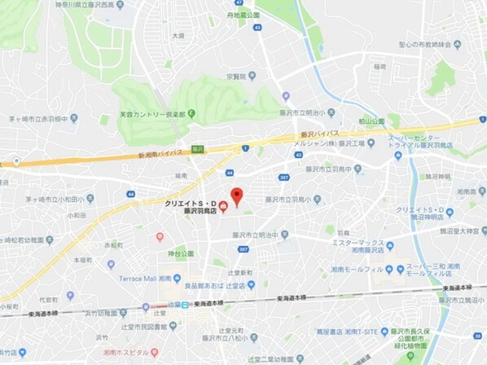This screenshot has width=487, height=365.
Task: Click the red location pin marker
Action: [x=236, y=196]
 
